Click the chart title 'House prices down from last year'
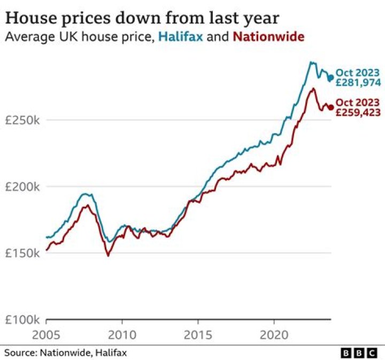(142, 18)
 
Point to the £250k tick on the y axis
(22, 120)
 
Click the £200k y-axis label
(22, 187)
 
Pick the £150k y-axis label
(22, 253)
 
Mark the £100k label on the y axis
(22, 320)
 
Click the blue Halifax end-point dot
(330, 78)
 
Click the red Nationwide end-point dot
(330, 108)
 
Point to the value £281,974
(358, 83)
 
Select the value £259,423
(358, 113)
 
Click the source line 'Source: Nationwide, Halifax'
(66, 353)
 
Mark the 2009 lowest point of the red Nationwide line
(108, 256)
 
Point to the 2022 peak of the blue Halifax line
(311, 62)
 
